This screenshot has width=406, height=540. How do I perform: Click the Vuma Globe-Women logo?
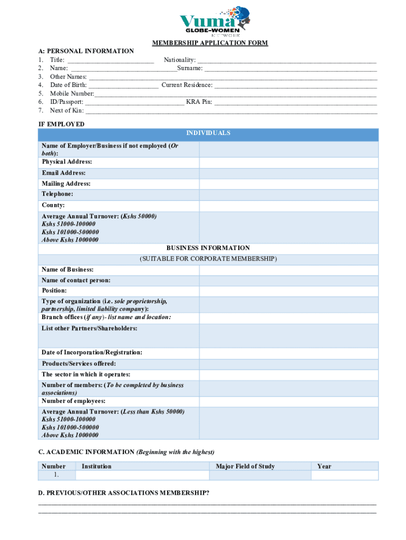tap(215, 21)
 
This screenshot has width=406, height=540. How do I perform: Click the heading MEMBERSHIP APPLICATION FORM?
tap(210, 43)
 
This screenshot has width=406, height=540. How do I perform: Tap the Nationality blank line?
tap(287, 60)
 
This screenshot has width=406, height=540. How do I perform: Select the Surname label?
tap(190, 68)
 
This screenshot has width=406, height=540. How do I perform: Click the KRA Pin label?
tap(199, 101)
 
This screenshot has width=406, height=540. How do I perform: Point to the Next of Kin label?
tap(66, 110)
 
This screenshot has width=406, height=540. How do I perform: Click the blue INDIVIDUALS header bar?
tap(208, 133)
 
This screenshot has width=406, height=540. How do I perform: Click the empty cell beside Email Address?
tap(288, 173)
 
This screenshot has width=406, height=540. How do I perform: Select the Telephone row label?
tap(57, 194)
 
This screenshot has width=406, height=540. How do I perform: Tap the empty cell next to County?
tap(288, 205)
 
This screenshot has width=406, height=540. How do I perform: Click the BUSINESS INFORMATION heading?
tap(208, 248)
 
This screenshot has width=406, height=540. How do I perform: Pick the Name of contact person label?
tap(76, 280)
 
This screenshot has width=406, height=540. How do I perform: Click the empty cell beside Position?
tap(288, 291)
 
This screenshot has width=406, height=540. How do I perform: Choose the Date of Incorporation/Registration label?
tap(92, 352)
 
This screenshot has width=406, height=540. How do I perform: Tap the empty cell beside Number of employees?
tap(288, 401)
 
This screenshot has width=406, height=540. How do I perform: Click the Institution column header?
tap(96, 466)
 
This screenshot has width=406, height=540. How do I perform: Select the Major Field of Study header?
tap(245, 466)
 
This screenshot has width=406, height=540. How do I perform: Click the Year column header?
tap(324, 466)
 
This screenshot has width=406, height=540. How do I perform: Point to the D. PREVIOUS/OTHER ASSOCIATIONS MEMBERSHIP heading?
tap(124, 493)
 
